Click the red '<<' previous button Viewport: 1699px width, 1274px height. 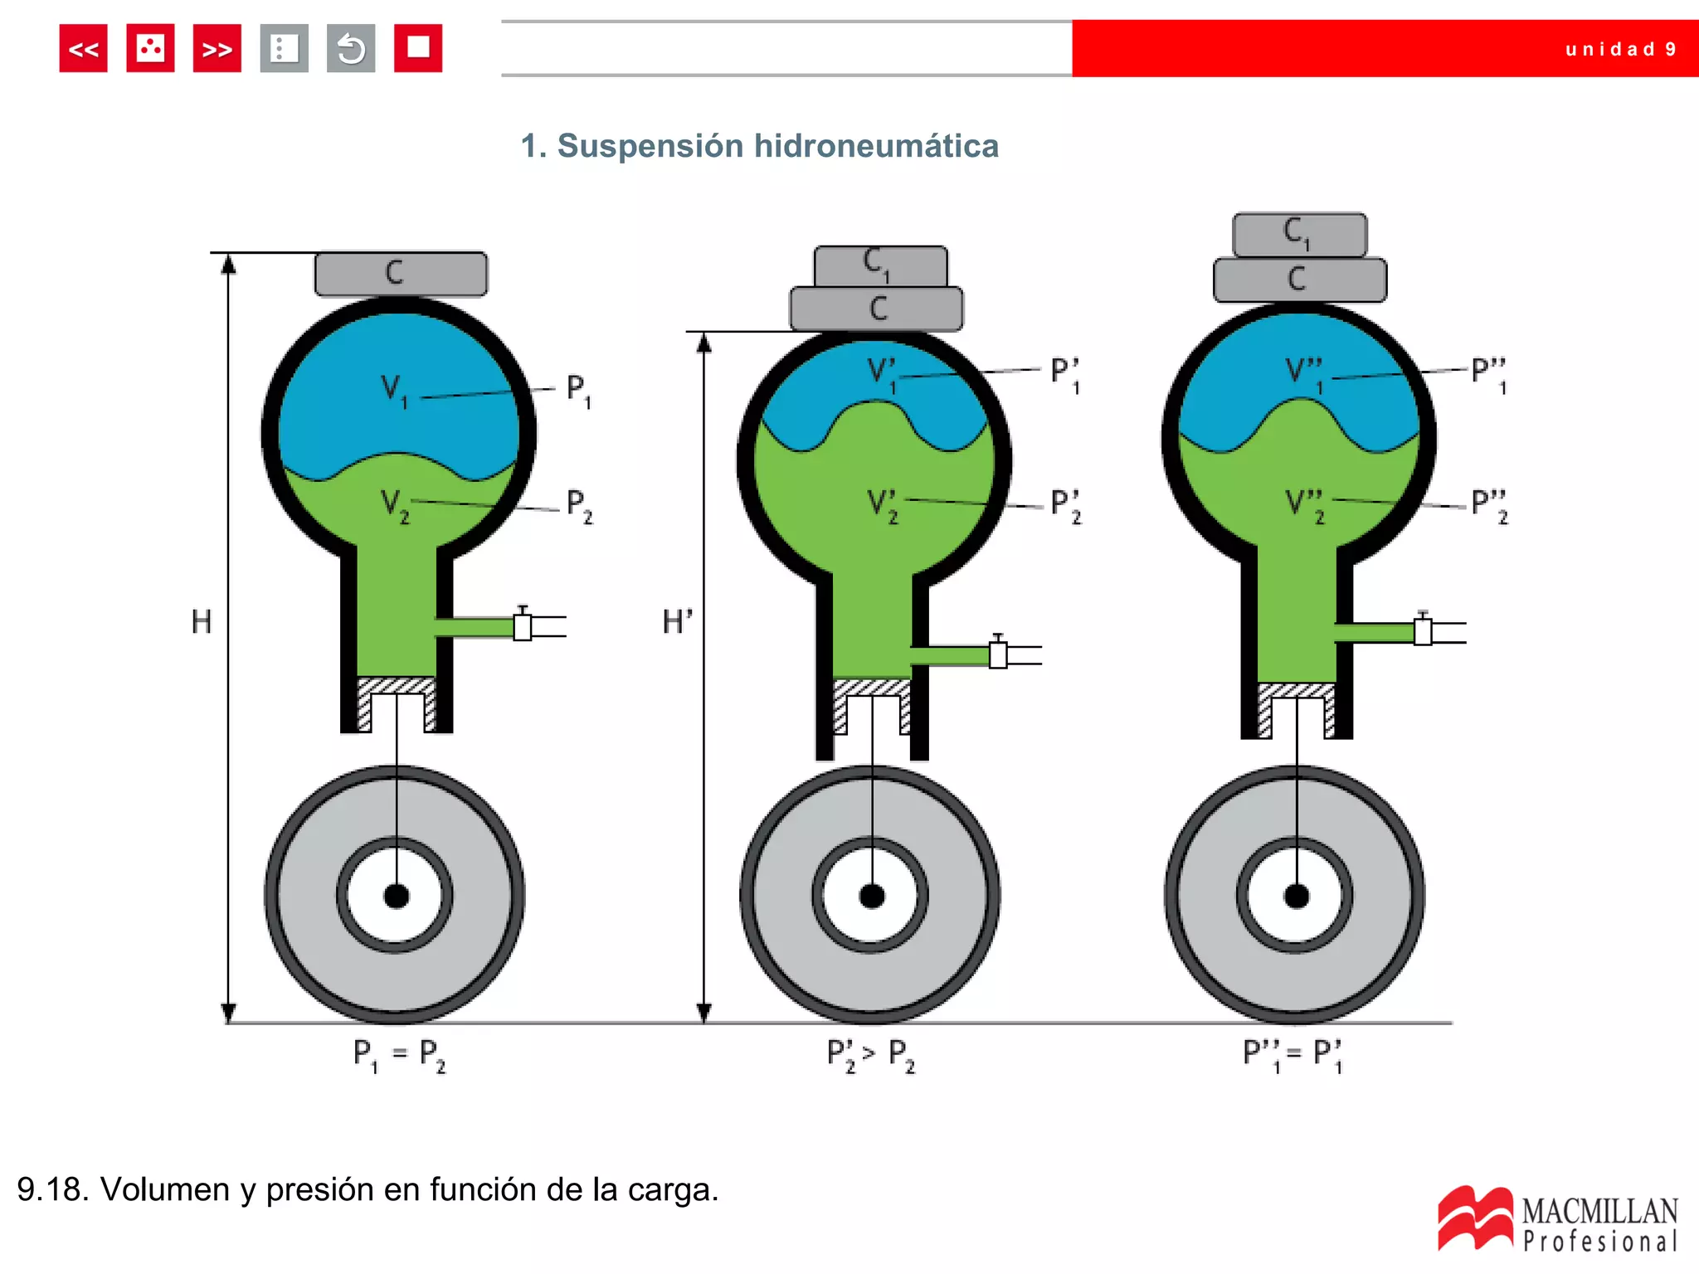click(x=83, y=49)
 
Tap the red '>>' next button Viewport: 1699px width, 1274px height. click(x=217, y=49)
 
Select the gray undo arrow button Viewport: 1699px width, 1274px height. click(x=351, y=49)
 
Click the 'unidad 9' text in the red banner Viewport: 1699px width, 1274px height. click(x=1620, y=49)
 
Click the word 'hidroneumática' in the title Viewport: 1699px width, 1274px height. click(x=876, y=146)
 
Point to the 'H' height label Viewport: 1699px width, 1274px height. click(x=202, y=621)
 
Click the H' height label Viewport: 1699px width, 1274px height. click(x=677, y=621)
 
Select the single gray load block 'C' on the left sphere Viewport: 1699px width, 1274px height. click(x=402, y=274)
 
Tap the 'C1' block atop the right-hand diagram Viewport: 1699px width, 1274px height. click(x=1300, y=235)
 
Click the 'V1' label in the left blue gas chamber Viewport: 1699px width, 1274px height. click(x=394, y=391)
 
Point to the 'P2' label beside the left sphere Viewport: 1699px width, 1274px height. click(x=579, y=506)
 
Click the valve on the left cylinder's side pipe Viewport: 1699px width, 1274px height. click(x=523, y=625)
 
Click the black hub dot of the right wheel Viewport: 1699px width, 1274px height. click(x=1297, y=896)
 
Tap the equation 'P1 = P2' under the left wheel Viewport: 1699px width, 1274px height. click(x=399, y=1056)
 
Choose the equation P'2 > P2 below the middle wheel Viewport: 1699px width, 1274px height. click(x=871, y=1056)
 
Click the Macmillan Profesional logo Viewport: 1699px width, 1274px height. click(x=1557, y=1218)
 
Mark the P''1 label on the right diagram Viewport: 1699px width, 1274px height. click(x=1489, y=376)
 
